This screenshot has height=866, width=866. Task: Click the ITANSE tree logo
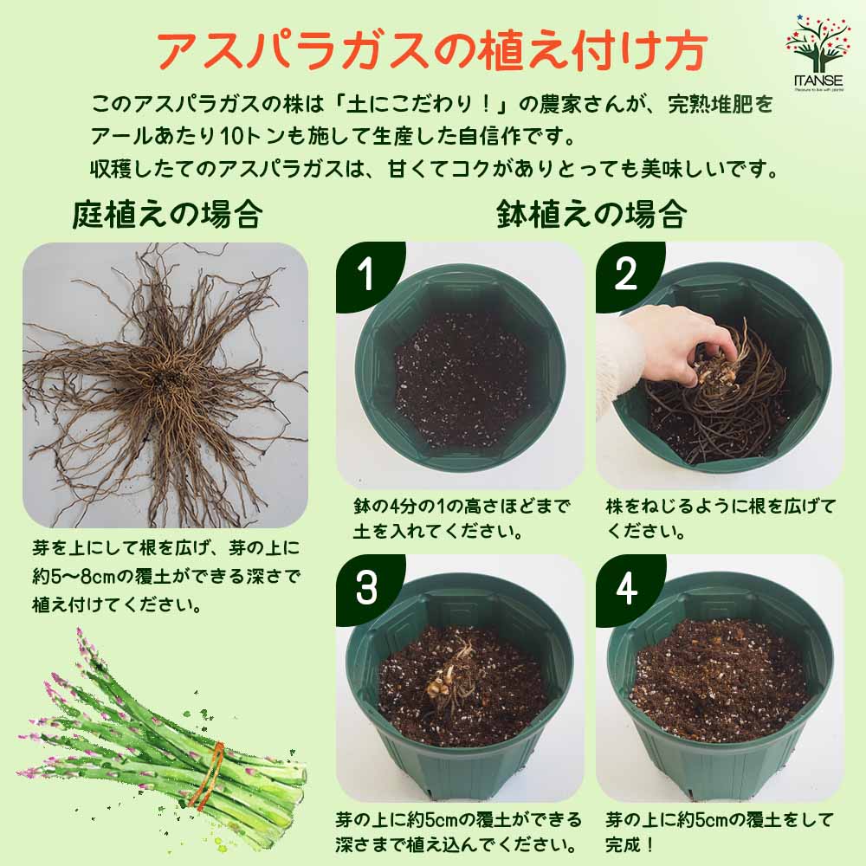tap(818, 48)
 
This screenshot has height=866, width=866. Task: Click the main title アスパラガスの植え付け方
tap(430, 51)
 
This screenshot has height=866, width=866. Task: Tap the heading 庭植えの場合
tap(166, 213)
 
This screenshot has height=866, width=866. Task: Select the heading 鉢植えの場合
tap(592, 213)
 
